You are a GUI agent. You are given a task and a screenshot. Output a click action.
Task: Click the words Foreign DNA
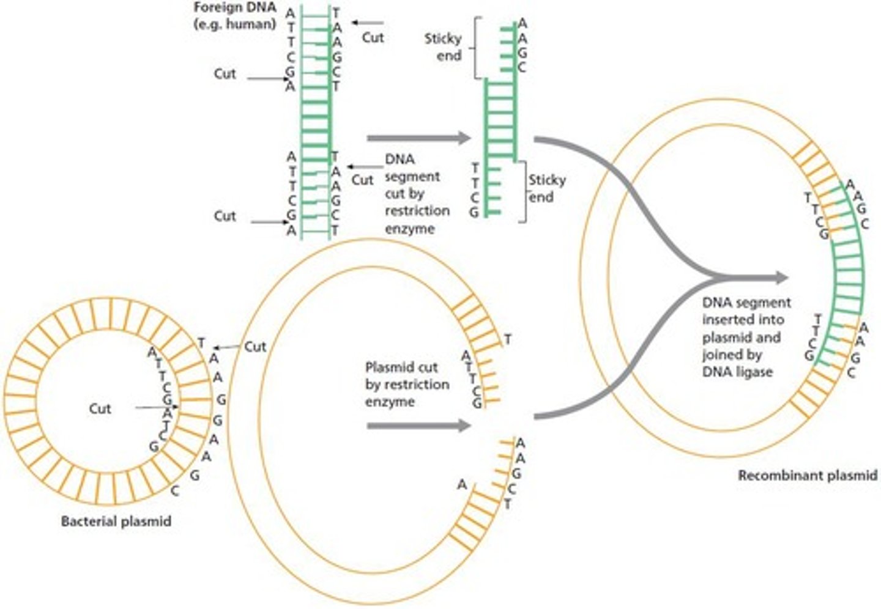pos(236,9)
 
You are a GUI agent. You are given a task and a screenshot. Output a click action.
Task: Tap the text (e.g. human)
pos(236,25)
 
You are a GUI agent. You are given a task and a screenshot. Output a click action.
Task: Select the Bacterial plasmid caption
pos(116,522)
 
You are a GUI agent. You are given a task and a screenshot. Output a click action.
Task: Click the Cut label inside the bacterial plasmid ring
pos(100,408)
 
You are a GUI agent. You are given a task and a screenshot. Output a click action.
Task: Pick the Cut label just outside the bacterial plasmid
pos(255,347)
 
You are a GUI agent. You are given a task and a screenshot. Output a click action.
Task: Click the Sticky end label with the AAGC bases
pos(443,47)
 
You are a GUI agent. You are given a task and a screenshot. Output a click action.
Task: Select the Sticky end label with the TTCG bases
pos(547,188)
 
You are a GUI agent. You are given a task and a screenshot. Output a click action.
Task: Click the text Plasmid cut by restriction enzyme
pos(407,385)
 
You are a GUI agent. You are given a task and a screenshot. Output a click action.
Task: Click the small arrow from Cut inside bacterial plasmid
pos(157,407)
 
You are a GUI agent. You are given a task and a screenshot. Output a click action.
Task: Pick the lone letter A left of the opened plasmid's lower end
pos(462,485)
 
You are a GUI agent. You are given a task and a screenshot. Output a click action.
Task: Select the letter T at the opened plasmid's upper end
pos(507,339)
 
